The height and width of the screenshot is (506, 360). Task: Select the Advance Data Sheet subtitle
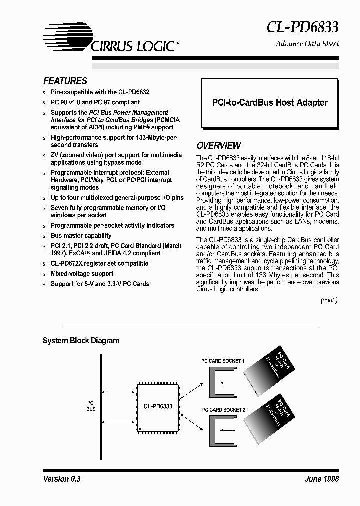point(307,44)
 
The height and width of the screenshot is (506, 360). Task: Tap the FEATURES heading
point(65,81)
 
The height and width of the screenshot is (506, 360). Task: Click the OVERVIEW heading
point(218,146)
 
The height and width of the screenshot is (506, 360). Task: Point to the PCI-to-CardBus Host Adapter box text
point(269,102)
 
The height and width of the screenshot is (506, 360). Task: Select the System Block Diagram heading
point(81,341)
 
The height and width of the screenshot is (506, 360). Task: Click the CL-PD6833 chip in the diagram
point(154,406)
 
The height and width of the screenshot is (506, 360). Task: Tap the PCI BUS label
point(91,405)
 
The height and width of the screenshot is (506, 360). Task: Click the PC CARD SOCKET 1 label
point(223,360)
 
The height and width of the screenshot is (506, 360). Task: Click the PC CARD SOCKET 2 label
point(223,410)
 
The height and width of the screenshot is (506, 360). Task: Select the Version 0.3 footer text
point(62,479)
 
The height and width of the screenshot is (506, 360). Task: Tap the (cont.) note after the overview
point(329,300)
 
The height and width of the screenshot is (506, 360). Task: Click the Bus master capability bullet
point(81,236)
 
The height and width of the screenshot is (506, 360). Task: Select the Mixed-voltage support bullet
point(82,274)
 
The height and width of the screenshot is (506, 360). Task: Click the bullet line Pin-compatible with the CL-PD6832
point(100,92)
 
